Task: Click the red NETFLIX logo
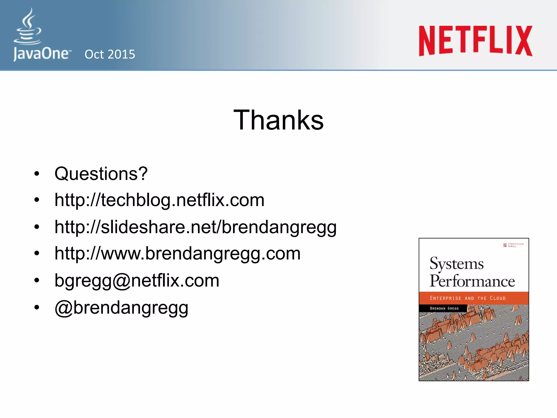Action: point(475,41)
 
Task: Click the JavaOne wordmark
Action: point(41,54)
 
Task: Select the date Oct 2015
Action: point(110,54)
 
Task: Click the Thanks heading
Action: point(278,120)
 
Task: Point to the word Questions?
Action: point(101,174)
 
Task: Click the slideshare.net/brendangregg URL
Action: point(195,227)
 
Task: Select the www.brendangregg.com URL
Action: point(177,254)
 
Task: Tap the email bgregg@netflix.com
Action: point(137,281)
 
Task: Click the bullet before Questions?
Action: point(37,174)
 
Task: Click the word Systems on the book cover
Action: point(456,264)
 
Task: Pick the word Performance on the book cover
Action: point(472,281)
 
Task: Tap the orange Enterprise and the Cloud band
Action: point(473,298)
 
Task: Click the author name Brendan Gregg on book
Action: point(444,308)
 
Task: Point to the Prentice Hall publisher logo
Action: point(513,245)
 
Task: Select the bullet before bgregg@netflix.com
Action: point(37,281)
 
